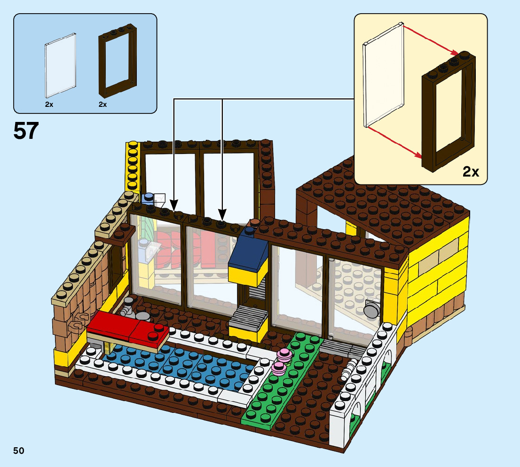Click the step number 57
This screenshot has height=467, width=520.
pos(26,131)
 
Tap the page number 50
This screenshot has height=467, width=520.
pos(19,451)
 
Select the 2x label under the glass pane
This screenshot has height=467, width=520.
pos(49,105)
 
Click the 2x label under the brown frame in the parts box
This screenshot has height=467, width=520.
pos(103,105)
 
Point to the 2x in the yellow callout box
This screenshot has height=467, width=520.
pos(471,172)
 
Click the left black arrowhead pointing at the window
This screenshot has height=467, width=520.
pos(174,206)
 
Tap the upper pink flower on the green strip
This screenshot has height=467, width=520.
pos(284,354)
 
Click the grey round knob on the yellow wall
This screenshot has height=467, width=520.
pos(372,310)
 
